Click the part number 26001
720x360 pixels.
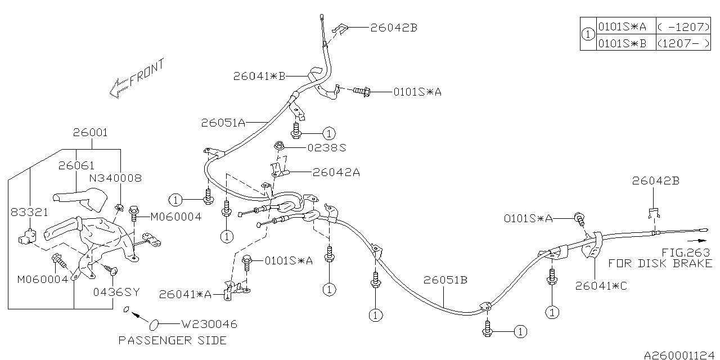pyautogui.click(x=91, y=132)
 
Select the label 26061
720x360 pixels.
pyautogui.click(x=76, y=165)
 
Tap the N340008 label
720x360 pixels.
pyautogui.click(x=115, y=178)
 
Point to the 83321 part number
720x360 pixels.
pyautogui.click(x=29, y=212)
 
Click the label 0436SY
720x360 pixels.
pyautogui.click(x=116, y=292)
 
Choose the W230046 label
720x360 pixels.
pyautogui.click(x=209, y=324)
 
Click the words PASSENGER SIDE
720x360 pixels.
pyautogui.click(x=173, y=340)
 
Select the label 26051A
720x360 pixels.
pyautogui.click(x=223, y=123)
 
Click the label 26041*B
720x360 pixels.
pyautogui.click(x=259, y=76)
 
